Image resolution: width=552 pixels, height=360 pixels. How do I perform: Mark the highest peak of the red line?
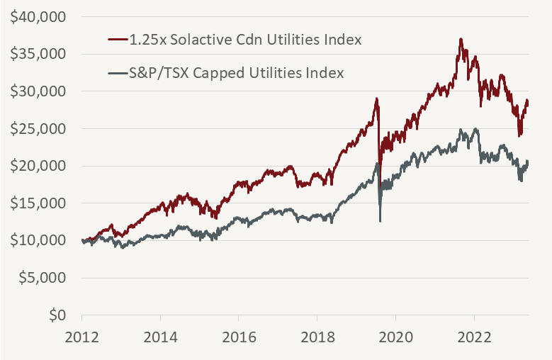461,39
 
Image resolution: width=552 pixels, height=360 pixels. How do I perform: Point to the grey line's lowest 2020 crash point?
381,220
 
